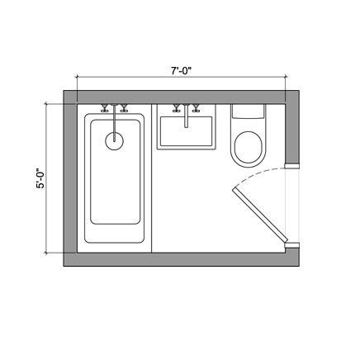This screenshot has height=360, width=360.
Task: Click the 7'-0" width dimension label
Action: click(182, 71)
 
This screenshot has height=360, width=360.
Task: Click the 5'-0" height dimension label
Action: click(40, 178)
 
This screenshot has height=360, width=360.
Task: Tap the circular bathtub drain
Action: click(115, 141)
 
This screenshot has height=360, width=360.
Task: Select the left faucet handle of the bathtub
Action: click(105, 108)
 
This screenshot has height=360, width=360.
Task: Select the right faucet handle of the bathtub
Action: click(124, 108)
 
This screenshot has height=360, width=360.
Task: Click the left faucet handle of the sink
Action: click(176, 108)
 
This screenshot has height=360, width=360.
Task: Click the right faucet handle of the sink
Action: click(196, 108)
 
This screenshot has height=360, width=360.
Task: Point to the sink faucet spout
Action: click(187, 116)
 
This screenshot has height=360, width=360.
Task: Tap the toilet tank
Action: click(249, 111)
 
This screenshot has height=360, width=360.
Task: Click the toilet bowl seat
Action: click(248, 148)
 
